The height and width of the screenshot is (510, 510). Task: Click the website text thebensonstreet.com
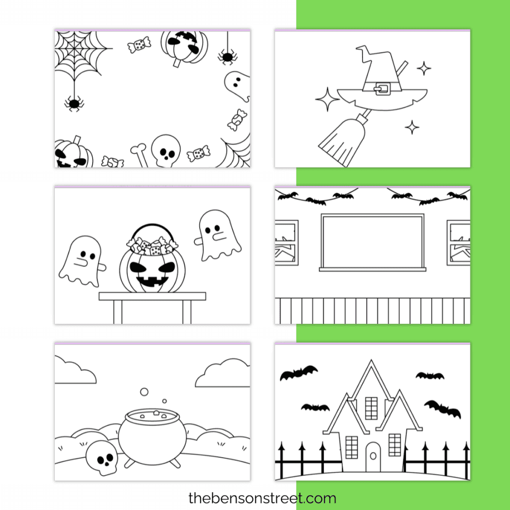click(262, 498)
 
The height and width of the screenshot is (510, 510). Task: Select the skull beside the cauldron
click(102, 457)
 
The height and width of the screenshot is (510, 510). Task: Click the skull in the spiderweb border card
click(165, 150)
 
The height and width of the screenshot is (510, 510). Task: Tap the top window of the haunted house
click(372, 408)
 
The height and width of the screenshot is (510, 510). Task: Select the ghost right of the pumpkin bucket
click(218, 235)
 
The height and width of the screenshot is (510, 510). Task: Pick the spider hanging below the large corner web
click(74, 104)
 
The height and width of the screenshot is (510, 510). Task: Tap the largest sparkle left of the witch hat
click(328, 100)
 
